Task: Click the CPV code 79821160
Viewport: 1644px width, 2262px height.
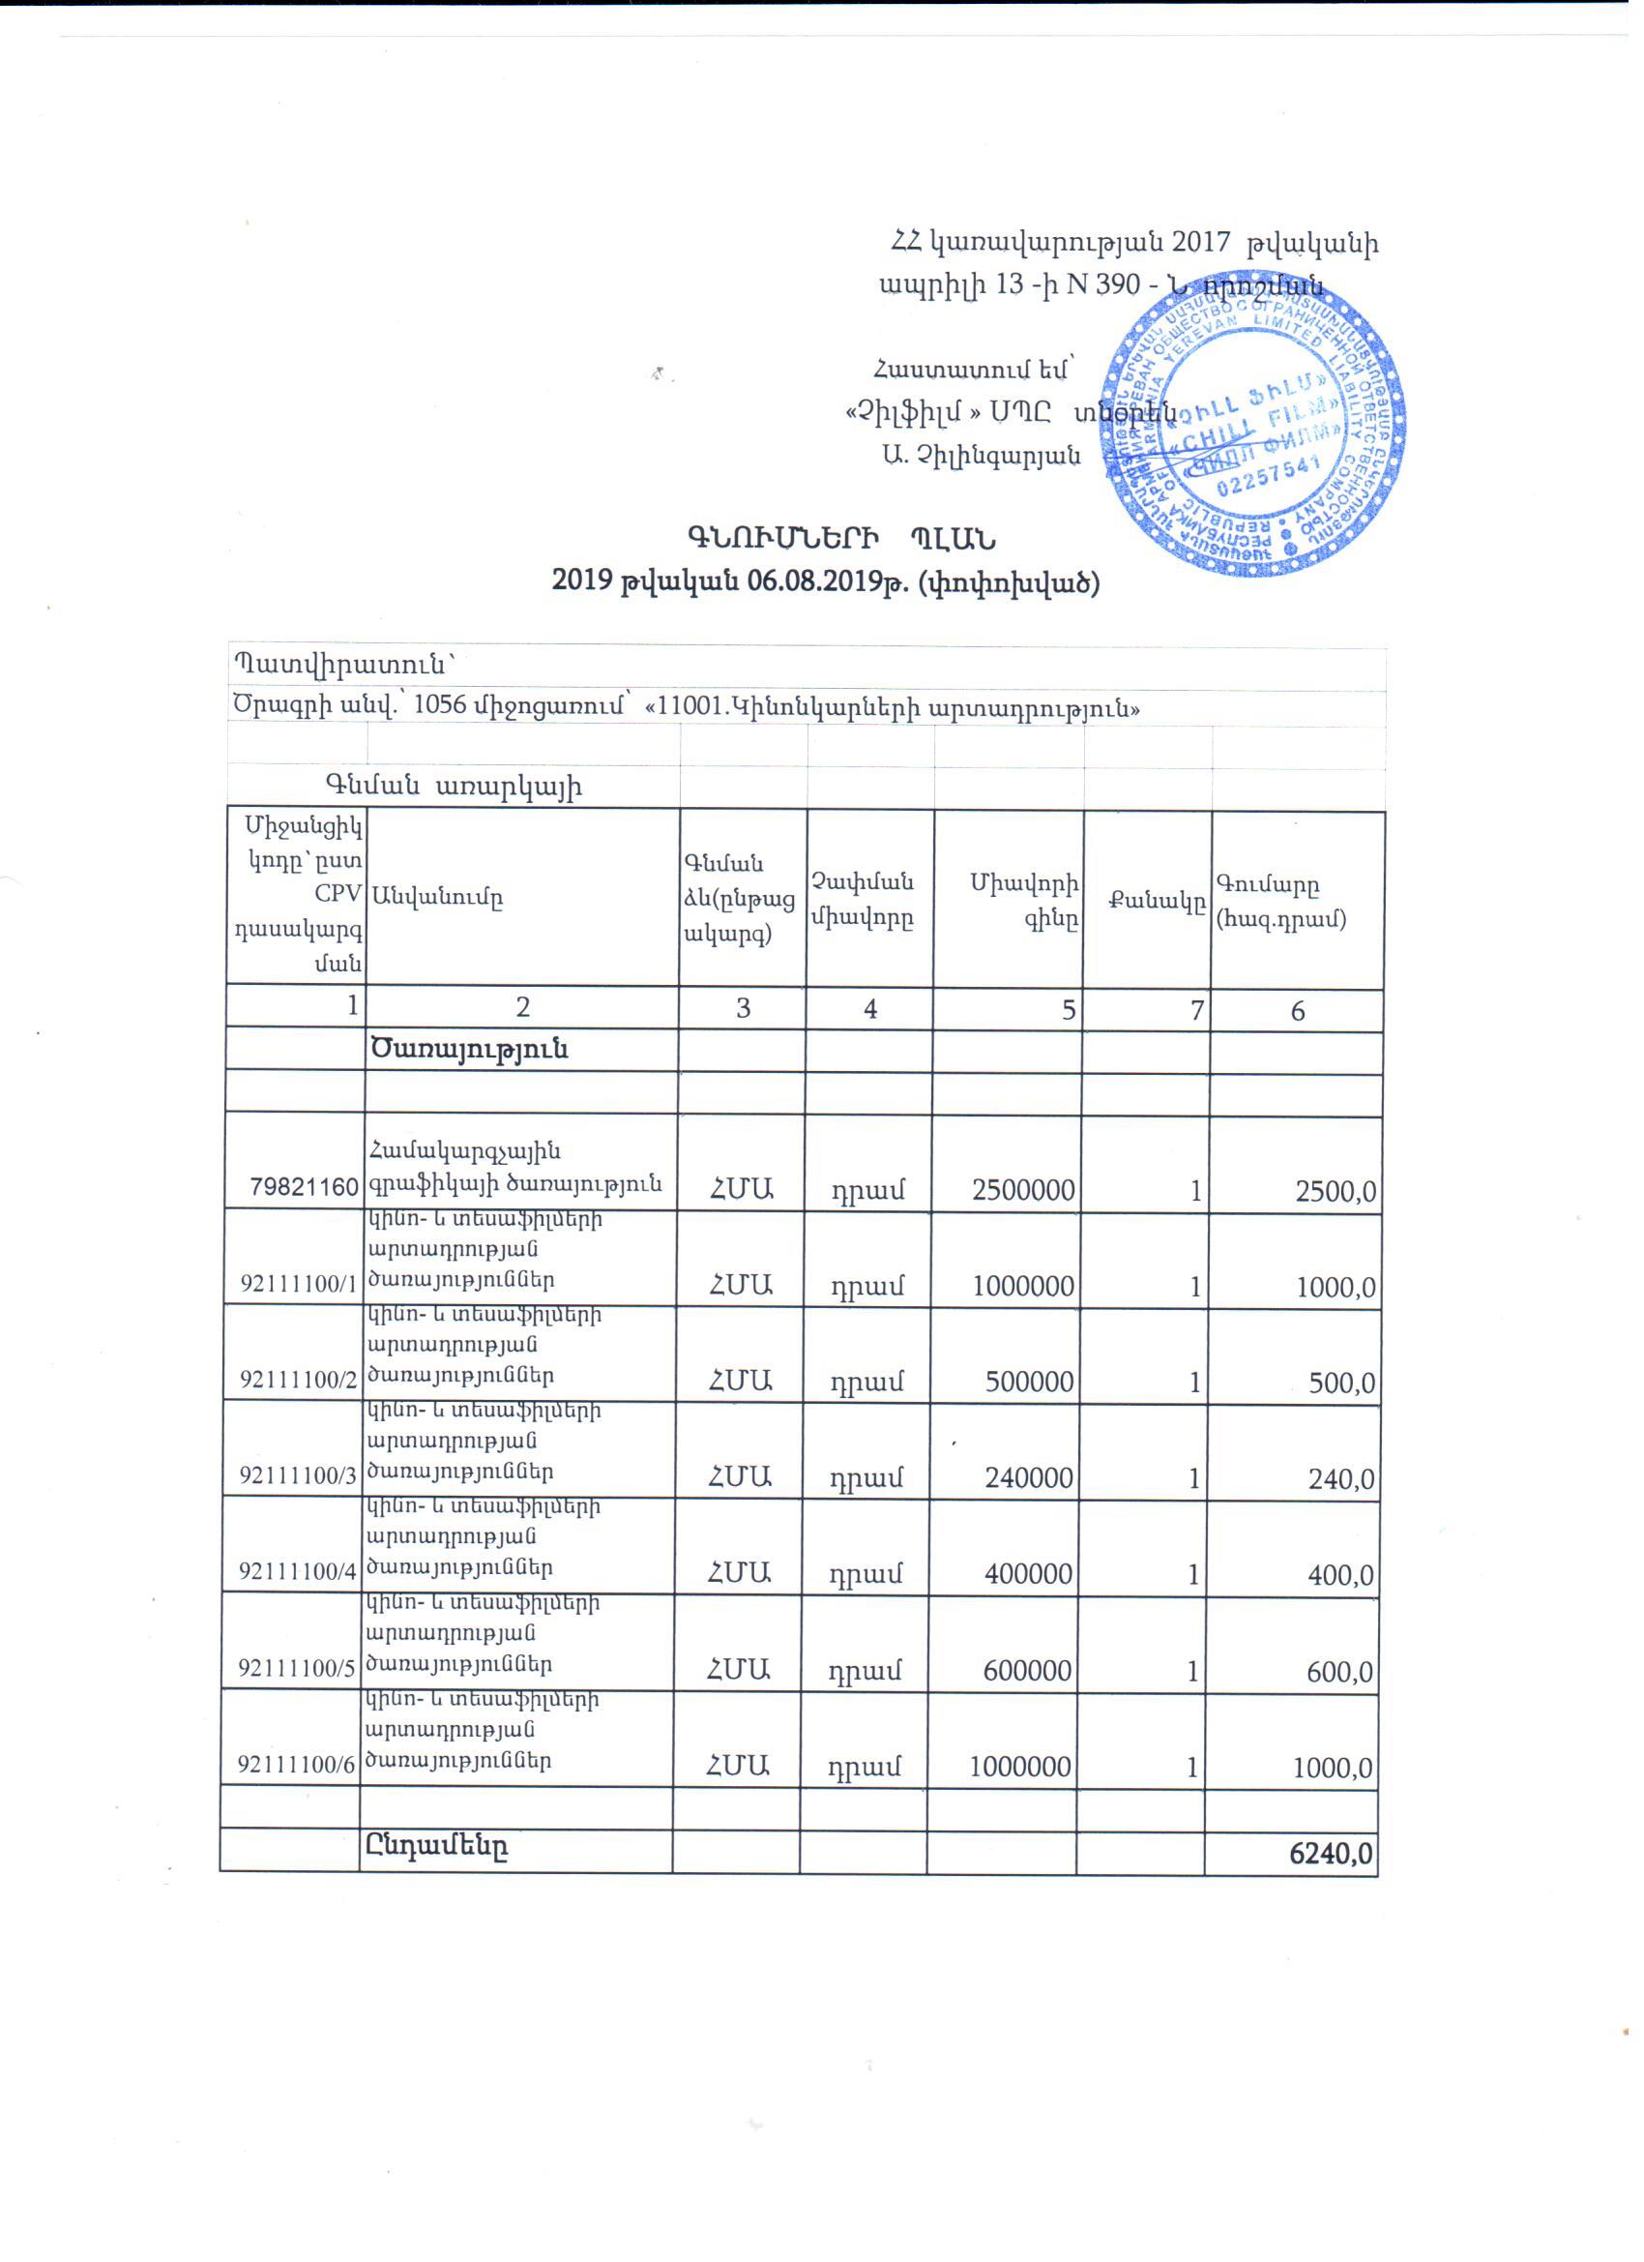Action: (x=306, y=1188)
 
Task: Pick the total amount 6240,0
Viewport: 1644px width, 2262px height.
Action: (x=1331, y=1853)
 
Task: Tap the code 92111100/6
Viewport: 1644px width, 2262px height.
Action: (x=296, y=1765)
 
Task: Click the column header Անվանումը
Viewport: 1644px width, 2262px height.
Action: (x=437, y=897)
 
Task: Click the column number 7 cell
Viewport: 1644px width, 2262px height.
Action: (x=1191, y=1009)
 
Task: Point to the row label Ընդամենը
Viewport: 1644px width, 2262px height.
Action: (x=438, y=1847)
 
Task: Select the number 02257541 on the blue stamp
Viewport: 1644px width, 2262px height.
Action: (x=1268, y=481)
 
